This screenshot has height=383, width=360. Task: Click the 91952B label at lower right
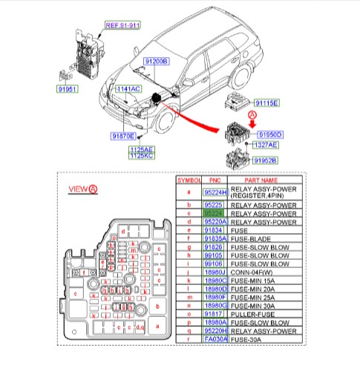pyautogui.click(x=265, y=160)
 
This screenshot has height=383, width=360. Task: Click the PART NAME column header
pyautogui.click(x=264, y=180)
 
